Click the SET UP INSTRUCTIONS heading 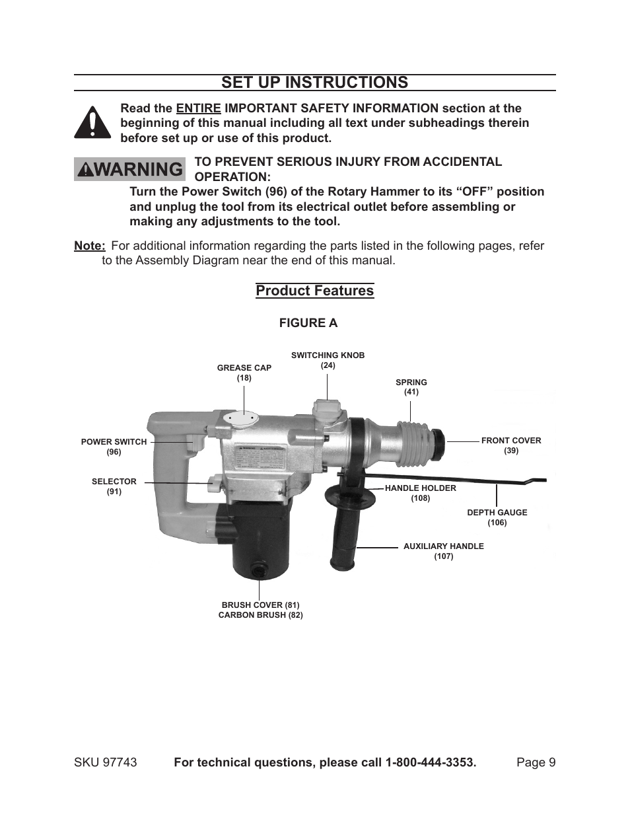(x=314, y=82)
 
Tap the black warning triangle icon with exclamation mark (x=92, y=123)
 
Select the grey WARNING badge (x=129, y=169)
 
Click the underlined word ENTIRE (x=198, y=108)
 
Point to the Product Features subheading (x=314, y=291)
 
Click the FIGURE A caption (x=308, y=323)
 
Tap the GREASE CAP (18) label (x=244, y=373)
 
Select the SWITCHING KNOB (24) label (x=328, y=360)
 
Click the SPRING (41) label (x=411, y=387)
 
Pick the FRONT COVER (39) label (x=510, y=445)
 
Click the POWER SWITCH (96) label (x=114, y=447)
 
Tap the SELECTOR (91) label (x=114, y=486)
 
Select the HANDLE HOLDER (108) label (x=420, y=493)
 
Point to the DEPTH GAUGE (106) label (x=497, y=517)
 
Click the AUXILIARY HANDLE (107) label (x=443, y=551)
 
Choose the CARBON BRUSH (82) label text (x=260, y=615)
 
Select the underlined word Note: (x=90, y=246)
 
